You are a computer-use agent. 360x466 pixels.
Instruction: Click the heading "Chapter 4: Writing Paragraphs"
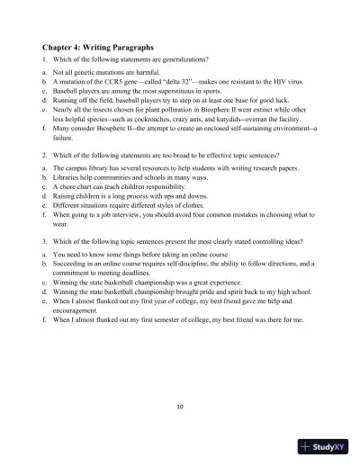(x=97, y=45)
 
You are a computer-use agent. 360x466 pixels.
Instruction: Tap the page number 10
(x=180, y=407)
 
